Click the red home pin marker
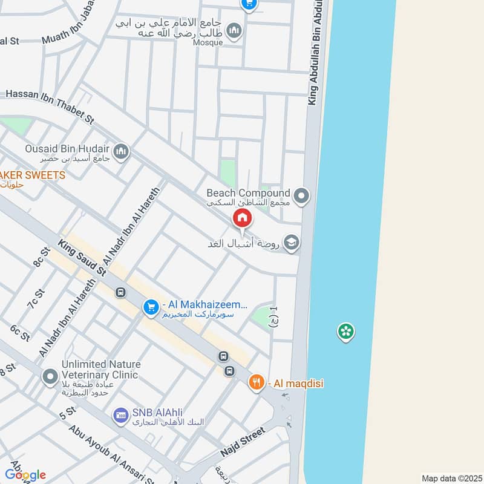point(242,218)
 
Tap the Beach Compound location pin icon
point(301,196)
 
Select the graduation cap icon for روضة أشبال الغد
point(292,243)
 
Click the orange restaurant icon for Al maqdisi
point(257,382)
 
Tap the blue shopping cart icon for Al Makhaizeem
point(151,308)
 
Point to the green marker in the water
point(346,332)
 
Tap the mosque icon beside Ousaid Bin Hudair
point(121,151)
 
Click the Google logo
point(25,475)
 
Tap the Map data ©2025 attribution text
point(450,478)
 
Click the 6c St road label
point(19,333)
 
